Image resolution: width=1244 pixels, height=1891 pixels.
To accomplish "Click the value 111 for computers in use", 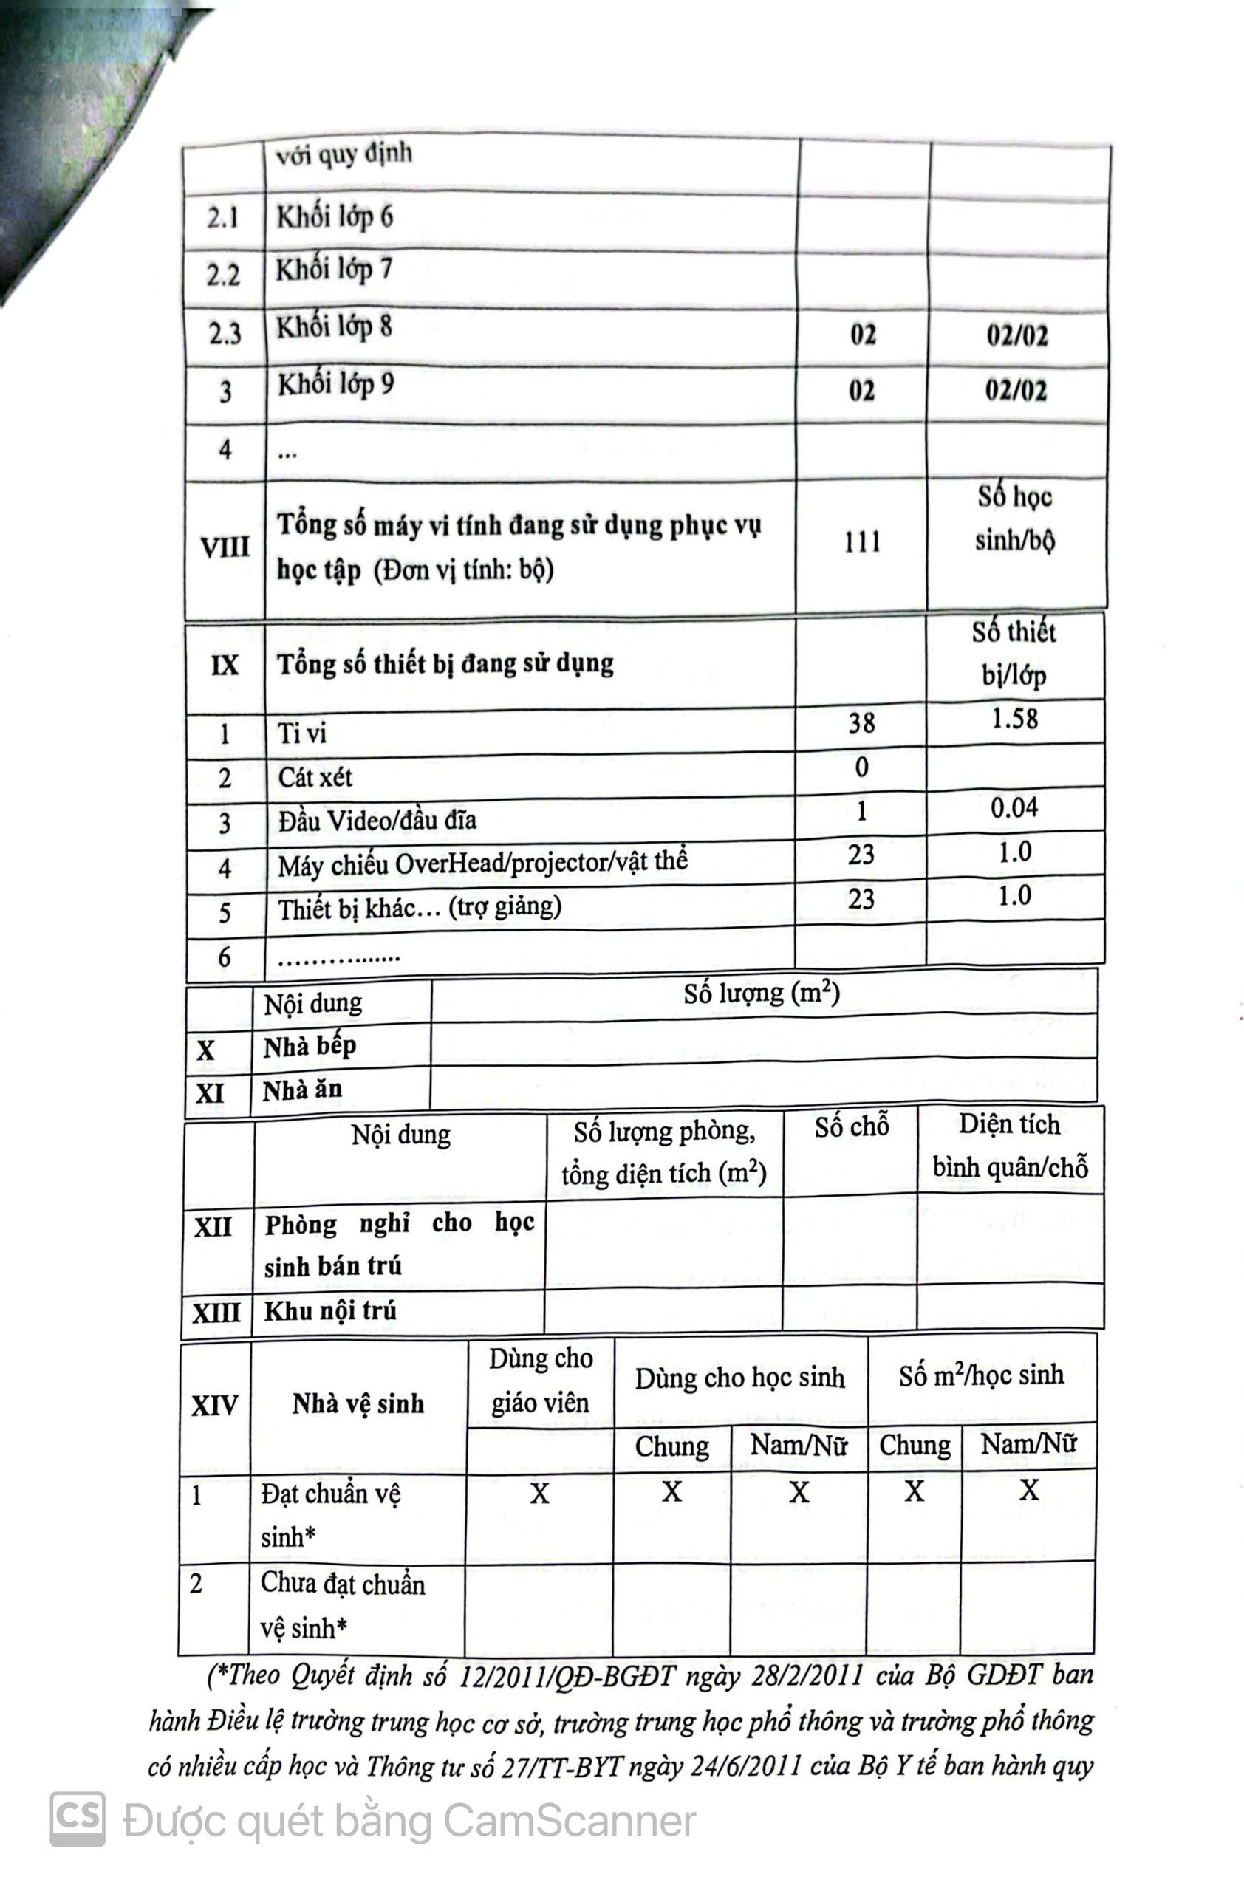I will point(862,542).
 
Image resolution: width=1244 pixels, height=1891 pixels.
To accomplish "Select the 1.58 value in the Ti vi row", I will point(1014,719).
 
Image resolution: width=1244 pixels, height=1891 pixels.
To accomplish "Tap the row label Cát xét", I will point(315,777).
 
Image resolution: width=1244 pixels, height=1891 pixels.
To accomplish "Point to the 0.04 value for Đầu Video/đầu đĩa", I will point(1014,808).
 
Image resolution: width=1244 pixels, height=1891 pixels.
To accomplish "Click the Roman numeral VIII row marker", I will point(225,547).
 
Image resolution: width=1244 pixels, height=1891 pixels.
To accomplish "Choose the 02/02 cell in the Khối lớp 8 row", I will point(1016,336).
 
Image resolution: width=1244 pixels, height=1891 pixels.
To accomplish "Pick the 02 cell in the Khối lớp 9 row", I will point(862,391).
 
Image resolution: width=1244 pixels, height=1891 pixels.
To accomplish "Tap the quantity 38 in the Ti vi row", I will point(862,723).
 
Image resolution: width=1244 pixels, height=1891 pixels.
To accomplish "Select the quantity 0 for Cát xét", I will point(862,767).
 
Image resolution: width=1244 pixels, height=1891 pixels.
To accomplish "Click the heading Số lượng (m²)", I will point(762,994).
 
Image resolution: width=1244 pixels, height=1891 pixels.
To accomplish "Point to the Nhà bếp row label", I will point(310,1047).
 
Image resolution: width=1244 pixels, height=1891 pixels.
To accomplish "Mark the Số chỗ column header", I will point(852,1126).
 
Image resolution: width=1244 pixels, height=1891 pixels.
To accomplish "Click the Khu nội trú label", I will point(329,1310).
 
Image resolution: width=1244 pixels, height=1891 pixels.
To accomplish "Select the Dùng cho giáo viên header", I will point(540,1380).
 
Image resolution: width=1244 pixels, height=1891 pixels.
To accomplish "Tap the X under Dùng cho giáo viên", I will point(540,1494).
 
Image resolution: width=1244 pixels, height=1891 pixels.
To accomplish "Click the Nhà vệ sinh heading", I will point(358,1404).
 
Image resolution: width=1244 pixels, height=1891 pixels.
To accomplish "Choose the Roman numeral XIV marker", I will point(214,1406).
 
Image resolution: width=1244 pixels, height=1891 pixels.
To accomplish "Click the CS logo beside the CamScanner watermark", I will point(77,1819).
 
